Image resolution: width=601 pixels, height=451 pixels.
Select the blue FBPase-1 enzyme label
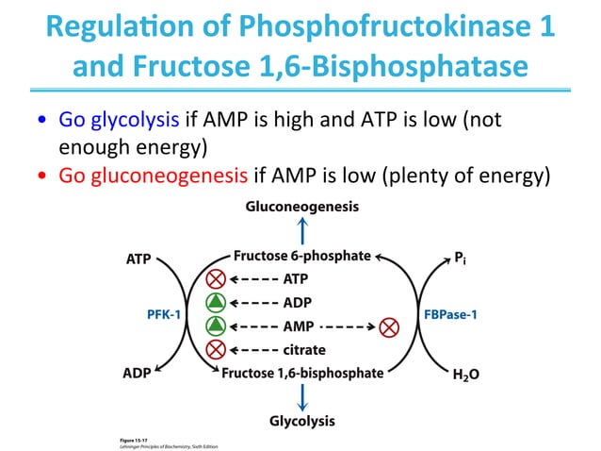pyautogui.click(x=447, y=314)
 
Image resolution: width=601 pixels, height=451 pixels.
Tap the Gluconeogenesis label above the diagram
pyautogui.click(x=301, y=206)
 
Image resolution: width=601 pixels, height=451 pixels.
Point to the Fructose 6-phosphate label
pyautogui.click(x=302, y=256)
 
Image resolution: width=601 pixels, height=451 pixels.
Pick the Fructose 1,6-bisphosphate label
pyautogui.click(x=302, y=373)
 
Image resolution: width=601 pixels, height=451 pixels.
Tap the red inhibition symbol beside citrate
pyautogui.click(x=216, y=349)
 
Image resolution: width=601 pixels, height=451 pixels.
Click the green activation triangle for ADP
pyautogui.click(x=216, y=302)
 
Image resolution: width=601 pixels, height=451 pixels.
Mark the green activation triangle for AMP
pyautogui.click(x=216, y=326)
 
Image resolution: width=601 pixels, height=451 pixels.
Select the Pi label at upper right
pyautogui.click(x=463, y=256)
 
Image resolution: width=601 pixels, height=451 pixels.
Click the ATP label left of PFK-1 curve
pyautogui.click(x=138, y=256)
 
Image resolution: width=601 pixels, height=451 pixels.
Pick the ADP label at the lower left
pyautogui.click(x=138, y=373)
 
